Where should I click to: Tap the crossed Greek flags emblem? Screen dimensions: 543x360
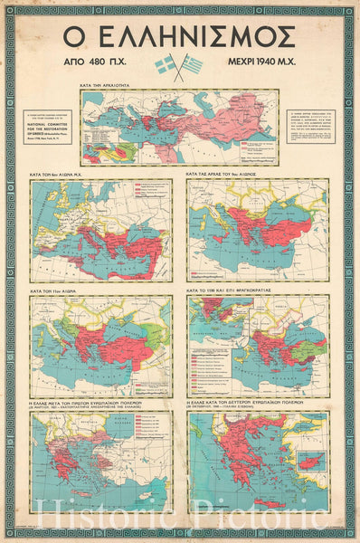tap(178, 66)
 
